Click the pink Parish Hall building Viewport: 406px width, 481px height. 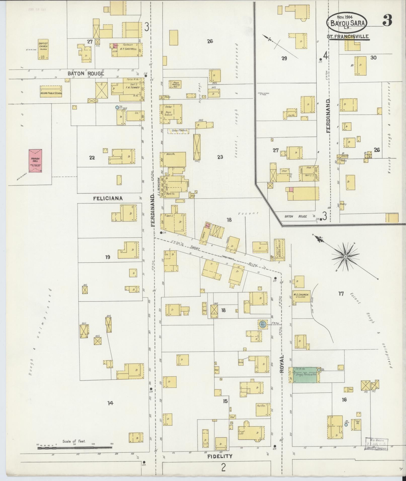pos(35,161)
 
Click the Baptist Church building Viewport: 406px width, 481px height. pos(43,49)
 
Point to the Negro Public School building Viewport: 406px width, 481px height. pos(51,91)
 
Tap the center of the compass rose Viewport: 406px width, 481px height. pos(346,256)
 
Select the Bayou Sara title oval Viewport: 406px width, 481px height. pos(347,23)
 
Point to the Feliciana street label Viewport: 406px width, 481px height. pos(108,198)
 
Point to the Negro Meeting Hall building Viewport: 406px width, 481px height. pos(176,85)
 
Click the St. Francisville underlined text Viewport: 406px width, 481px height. pos(348,37)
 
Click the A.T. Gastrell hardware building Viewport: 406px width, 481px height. pos(127,50)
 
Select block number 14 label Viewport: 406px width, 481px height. pos(110,403)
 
